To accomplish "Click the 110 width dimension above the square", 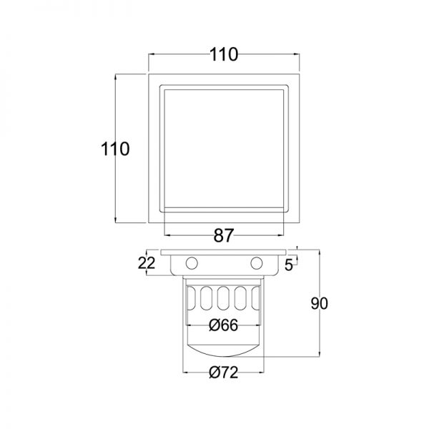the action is point(224,54).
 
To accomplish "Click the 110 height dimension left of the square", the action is point(115,149).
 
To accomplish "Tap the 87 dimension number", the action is point(224,235).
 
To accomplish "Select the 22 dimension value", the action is point(147,263).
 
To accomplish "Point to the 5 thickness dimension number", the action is point(289,265).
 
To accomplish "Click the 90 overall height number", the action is point(320,304).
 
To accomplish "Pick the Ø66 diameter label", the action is point(223,325).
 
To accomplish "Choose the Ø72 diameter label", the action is point(223,373).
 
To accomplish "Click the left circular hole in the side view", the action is point(192,263).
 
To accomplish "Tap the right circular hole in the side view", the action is point(257,263).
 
